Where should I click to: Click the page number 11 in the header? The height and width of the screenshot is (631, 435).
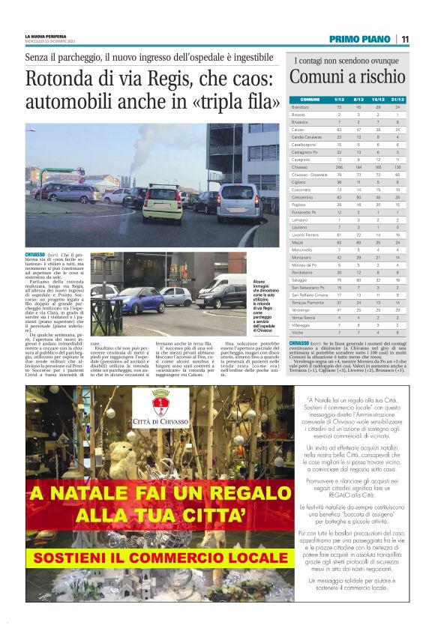[x=404, y=40]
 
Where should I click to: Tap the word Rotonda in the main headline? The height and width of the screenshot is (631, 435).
[x=57, y=79]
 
